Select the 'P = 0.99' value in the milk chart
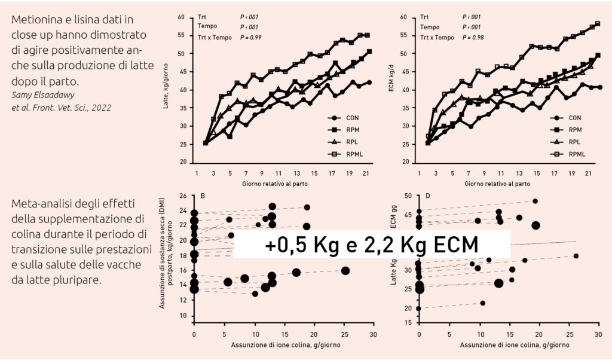point(251,37)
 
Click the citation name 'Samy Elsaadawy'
point(42,96)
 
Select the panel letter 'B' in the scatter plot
point(203,196)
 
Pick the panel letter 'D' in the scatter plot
point(428,196)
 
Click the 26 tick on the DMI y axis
point(183,196)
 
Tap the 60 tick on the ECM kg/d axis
point(409,17)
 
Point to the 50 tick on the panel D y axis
point(409,196)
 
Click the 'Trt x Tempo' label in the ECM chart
point(436,37)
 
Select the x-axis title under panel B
point(283,346)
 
